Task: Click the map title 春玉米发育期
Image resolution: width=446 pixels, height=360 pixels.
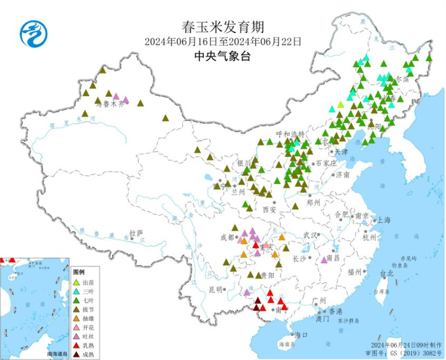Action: point(222,27)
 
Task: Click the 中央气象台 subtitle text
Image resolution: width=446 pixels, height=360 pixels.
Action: point(222,56)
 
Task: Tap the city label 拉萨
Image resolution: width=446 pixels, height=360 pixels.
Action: point(136,233)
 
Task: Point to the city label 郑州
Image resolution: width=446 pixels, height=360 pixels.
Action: point(312,202)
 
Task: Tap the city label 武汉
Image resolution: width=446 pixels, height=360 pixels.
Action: point(310,235)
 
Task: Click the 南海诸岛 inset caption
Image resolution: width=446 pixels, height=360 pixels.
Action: point(57,352)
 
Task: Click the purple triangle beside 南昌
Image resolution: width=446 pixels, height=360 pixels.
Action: point(324,259)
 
